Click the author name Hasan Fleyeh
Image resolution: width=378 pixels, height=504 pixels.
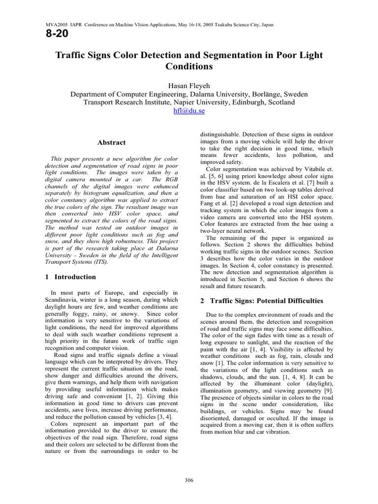[189, 84]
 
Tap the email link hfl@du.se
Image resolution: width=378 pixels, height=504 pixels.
[189, 111]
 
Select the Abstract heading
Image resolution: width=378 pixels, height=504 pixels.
[112, 143]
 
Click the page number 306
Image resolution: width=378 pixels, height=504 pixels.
[189, 480]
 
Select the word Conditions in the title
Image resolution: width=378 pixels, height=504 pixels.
[189, 66]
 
